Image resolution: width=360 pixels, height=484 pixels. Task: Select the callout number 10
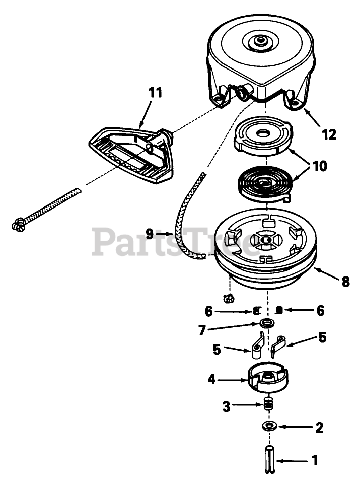(319, 166)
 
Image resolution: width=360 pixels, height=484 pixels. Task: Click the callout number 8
(345, 282)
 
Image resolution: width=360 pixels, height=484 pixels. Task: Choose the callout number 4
(212, 379)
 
